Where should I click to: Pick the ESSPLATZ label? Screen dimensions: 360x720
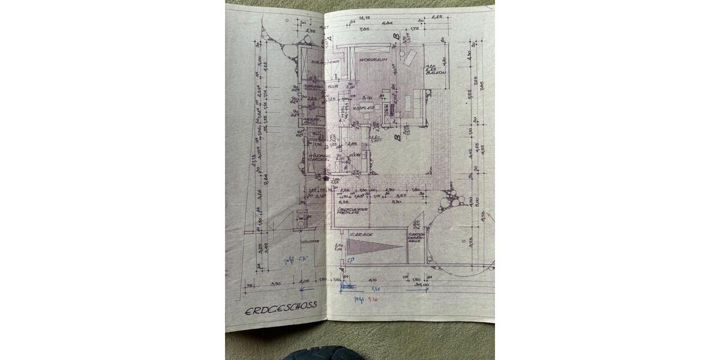pyautogui.click(x=364, y=107)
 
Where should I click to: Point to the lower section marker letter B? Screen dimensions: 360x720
pyautogui.click(x=397, y=137)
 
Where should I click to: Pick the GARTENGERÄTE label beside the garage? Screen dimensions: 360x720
pyautogui.click(x=417, y=238)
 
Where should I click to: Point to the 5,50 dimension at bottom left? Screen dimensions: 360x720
pyautogui.click(x=276, y=282)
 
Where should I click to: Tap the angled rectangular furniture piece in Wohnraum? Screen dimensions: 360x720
pyautogui.click(x=410, y=58)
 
